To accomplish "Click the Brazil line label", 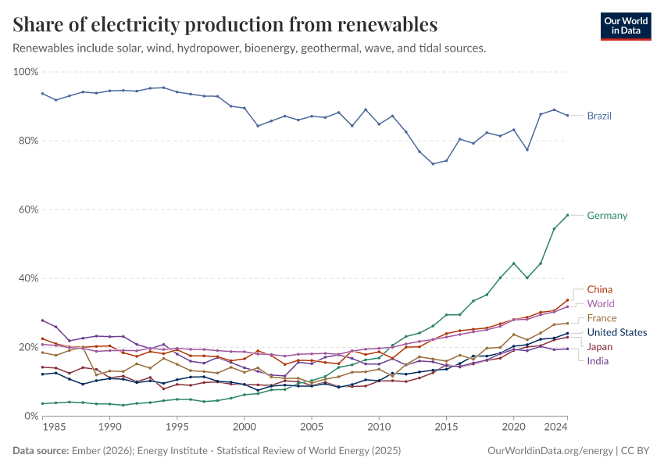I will coord(599,116).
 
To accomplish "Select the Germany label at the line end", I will coord(607,216).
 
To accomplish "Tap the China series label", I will coord(600,289).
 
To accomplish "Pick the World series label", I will coord(601,303).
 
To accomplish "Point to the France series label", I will coord(602,318).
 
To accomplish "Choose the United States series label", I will coord(617,332).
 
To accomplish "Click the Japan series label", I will coord(600,346).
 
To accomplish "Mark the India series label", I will coord(598,361).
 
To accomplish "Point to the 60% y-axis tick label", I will coord(28,209).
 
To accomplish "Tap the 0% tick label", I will coord(30,416).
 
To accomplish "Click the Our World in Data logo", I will coord(626,25).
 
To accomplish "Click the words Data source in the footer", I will coord(41,451).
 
